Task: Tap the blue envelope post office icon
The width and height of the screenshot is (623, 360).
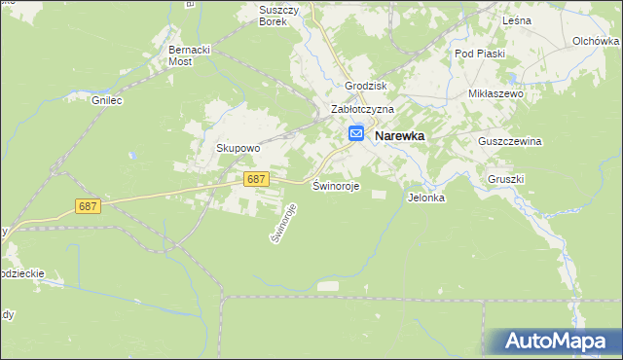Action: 356,134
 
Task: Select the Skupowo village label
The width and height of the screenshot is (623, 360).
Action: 238,148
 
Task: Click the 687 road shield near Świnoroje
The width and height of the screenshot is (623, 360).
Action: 256,179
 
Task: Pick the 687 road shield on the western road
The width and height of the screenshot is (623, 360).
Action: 88,206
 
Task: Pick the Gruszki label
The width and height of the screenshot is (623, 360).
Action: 506,179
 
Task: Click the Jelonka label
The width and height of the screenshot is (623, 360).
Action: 426,198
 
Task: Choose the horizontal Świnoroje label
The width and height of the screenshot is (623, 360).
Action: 336,186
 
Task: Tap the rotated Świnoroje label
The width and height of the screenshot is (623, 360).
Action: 281,222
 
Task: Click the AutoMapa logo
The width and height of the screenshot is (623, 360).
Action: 554,341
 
